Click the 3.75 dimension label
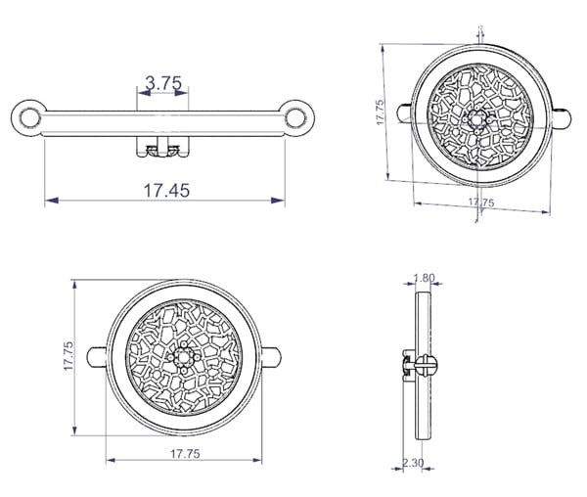tap(163, 83)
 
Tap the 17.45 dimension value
tap(167, 190)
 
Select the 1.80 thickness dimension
tap(425, 278)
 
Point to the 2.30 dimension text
tap(413, 463)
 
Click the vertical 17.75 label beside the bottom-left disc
tap(68, 355)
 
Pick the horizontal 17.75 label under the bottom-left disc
tap(185, 454)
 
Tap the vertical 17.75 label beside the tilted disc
tap(380, 112)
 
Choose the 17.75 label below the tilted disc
tap(481, 203)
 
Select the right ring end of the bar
tap(296, 117)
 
